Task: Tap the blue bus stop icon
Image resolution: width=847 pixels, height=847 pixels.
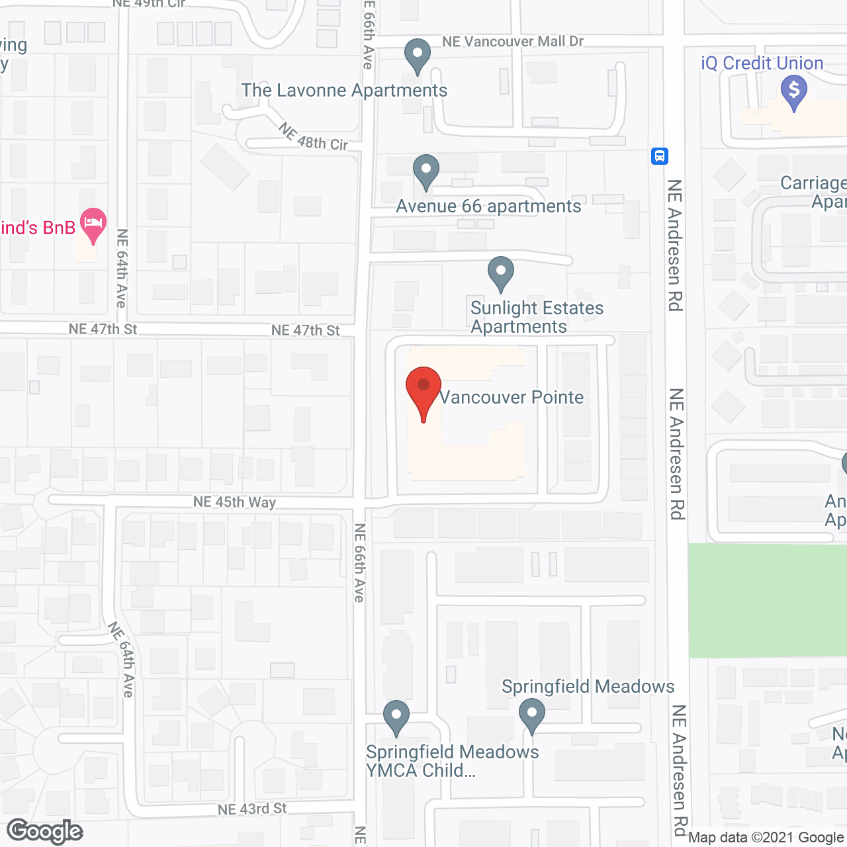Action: point(659,156)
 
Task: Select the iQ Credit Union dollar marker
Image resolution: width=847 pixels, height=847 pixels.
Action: point(794,92)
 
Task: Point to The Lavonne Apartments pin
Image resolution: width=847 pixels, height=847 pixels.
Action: point(417,56)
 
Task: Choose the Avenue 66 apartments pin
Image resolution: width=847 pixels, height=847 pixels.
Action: point(426,171)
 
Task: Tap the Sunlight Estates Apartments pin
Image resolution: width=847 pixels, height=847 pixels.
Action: point(501,273)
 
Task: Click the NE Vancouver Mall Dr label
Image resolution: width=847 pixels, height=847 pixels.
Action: point(513,42)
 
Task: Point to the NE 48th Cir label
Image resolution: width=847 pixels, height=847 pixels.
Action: point(313,137)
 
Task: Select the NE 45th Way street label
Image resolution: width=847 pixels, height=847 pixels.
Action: point(234,502)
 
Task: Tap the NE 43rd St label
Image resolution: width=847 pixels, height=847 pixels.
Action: point(252,809)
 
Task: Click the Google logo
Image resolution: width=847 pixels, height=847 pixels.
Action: point(45,831)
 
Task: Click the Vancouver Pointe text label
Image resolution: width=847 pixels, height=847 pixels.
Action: point(512,397)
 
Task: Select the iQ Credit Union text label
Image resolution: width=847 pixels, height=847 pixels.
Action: point(762,64)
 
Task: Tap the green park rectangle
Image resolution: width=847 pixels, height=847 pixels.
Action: point(768,600)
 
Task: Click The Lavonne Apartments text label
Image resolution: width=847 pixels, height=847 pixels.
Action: point(344,90)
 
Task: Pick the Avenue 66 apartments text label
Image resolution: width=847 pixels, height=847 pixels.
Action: point(488,206)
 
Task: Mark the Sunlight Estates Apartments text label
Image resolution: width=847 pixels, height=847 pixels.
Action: point(537,317)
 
